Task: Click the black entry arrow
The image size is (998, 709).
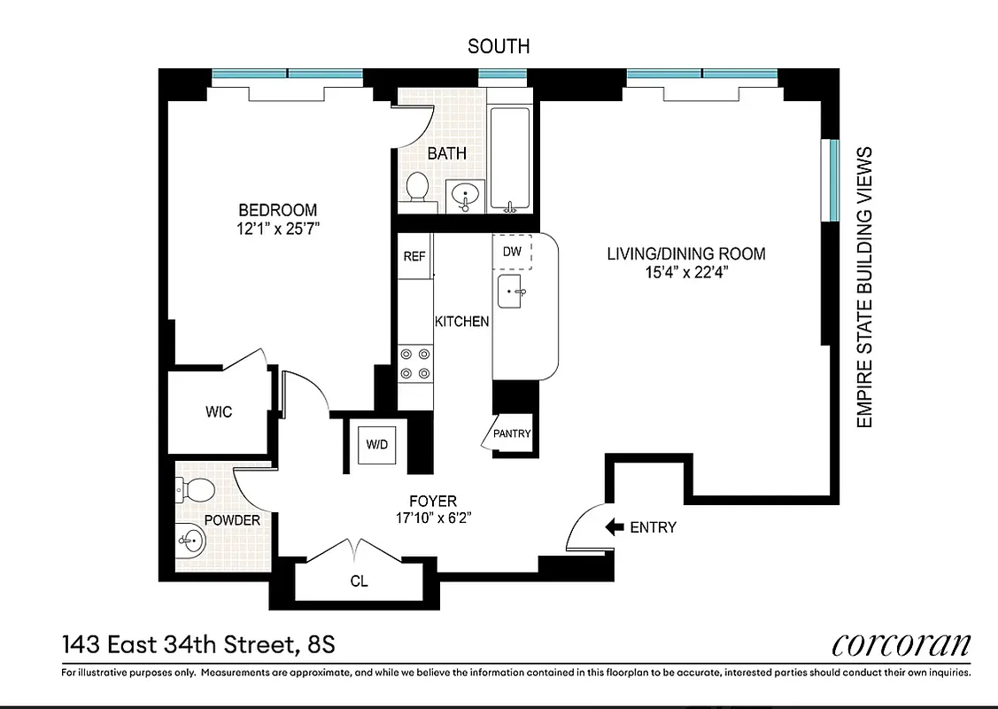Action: [614, 527]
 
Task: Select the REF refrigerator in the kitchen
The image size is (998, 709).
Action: [414, 256]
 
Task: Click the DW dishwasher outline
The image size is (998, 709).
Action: [513, 252]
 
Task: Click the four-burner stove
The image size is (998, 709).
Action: [414, 363]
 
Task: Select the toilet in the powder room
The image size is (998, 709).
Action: [197, 489]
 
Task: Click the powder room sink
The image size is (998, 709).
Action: [189, 539]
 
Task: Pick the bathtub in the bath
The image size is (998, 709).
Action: [510, 160]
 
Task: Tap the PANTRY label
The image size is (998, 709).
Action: [512, 434]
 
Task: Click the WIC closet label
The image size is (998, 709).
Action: [219, 412]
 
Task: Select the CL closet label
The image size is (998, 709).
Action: [359, 582]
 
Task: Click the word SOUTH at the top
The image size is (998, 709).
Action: [499, 46]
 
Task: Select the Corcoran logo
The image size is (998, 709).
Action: [901, 645]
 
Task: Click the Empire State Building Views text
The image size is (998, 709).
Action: [865, 287]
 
